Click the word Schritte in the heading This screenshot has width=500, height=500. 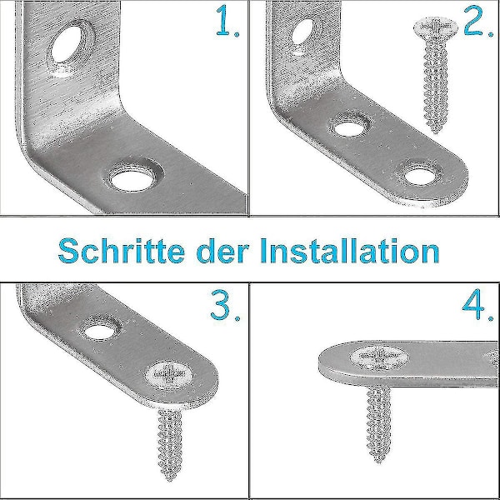pos(122,251)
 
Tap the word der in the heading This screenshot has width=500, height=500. pos(222,251)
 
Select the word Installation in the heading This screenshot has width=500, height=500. pos(350,251)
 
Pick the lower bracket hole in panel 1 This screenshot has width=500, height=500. pos(132,180)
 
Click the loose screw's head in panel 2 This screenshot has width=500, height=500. pos(436,27)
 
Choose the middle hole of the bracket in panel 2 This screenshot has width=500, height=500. pos(350,128)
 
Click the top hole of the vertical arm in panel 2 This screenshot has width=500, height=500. pos(302,32)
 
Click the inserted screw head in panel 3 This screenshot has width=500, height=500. pos(169,375)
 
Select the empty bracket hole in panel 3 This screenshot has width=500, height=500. pos(100,332)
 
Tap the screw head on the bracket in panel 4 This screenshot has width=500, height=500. pos(379,357)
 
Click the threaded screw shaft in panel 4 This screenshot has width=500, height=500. pos(378,421)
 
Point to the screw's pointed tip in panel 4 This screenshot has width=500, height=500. pos(379,461)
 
